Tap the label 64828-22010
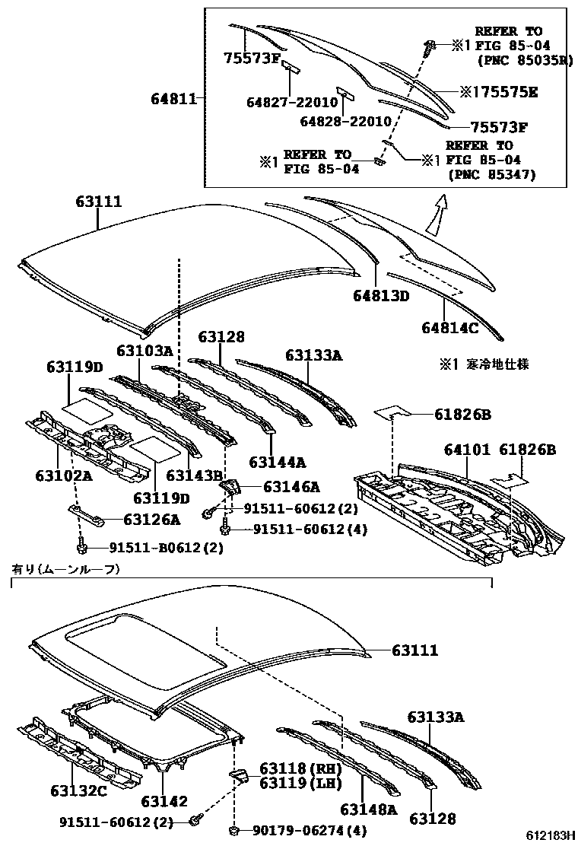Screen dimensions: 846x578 coord(345,122)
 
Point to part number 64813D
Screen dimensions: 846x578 coord(381,296)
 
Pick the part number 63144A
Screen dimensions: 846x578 coord(277,462)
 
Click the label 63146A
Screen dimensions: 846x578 coord(291,487)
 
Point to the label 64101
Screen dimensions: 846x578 coord(465,450)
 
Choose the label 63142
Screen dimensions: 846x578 coord(164,801)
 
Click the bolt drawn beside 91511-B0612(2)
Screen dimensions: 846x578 coord(81,547)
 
